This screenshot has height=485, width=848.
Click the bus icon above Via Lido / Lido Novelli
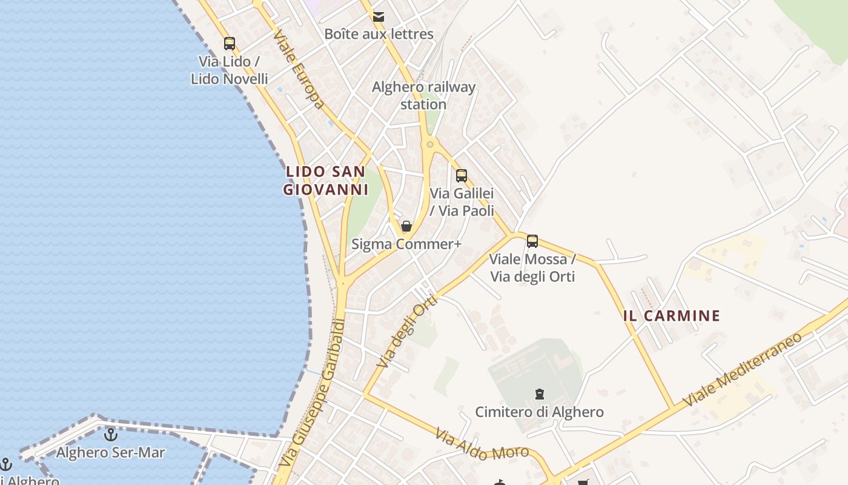[230, 44]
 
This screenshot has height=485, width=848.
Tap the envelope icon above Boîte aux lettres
[379, 17]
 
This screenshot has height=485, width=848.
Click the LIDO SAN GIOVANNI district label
[326, 181]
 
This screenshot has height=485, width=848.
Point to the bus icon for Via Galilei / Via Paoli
[462, 176]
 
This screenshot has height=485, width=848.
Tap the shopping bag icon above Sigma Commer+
[406, 226]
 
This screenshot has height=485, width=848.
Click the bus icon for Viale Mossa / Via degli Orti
[532, 241]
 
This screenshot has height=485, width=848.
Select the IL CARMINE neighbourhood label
[672, 315]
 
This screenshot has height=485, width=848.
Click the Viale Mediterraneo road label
[742, 369]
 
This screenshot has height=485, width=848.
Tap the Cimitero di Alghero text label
[539, 412]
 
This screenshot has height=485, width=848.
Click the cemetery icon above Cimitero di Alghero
[539, 395]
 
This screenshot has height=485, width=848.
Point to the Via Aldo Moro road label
[482, 444]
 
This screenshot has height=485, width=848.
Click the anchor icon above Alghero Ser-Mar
[110, 435]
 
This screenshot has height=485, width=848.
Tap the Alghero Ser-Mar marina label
[110, 452]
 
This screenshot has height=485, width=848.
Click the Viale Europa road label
[298, 70]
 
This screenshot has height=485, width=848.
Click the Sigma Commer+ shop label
[406, 244]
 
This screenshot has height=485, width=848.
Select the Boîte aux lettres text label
[379, 34]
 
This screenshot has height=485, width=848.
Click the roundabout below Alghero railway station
[430, 144]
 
